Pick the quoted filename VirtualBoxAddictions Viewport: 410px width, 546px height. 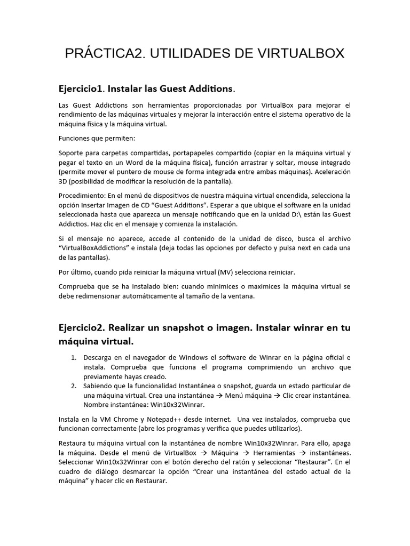tap(97, 248)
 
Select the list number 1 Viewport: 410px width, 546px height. tap(74, 357)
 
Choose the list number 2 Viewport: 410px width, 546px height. tap(74, 386)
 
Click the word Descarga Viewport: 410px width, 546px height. tap(100, 357)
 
